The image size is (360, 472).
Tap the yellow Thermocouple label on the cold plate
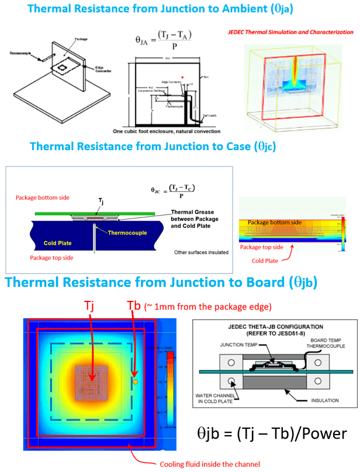134,231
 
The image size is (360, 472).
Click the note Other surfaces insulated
200,252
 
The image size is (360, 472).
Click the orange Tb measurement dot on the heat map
135,381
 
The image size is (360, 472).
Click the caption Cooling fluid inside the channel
209,465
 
